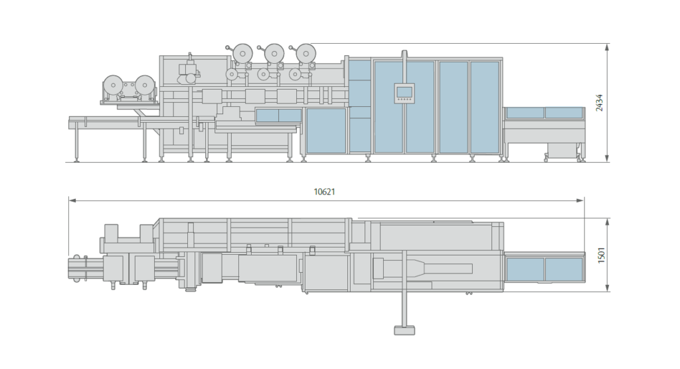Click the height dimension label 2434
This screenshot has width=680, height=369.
click(x=599, y=103)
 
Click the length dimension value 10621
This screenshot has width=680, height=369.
click(x=325, y=192)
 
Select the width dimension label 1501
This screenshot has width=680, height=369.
click(x=599, y=255)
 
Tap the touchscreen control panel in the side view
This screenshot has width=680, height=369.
click(x=404, y=93)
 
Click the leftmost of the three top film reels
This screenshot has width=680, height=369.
click(x=242, y=51)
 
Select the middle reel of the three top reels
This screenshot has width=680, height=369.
click(x=274, y=51)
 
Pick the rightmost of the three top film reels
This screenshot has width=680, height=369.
click(x=305, y=51)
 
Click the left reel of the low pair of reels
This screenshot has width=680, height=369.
click(x=113, y=84)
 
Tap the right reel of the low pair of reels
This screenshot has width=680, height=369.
click(x=144, y=84)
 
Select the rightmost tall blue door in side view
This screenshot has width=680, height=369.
click(x=485, y=106)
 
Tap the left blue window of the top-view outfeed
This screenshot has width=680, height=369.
click(x=525, y=269)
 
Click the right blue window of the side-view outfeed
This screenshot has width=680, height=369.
click(x=563, y=113)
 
